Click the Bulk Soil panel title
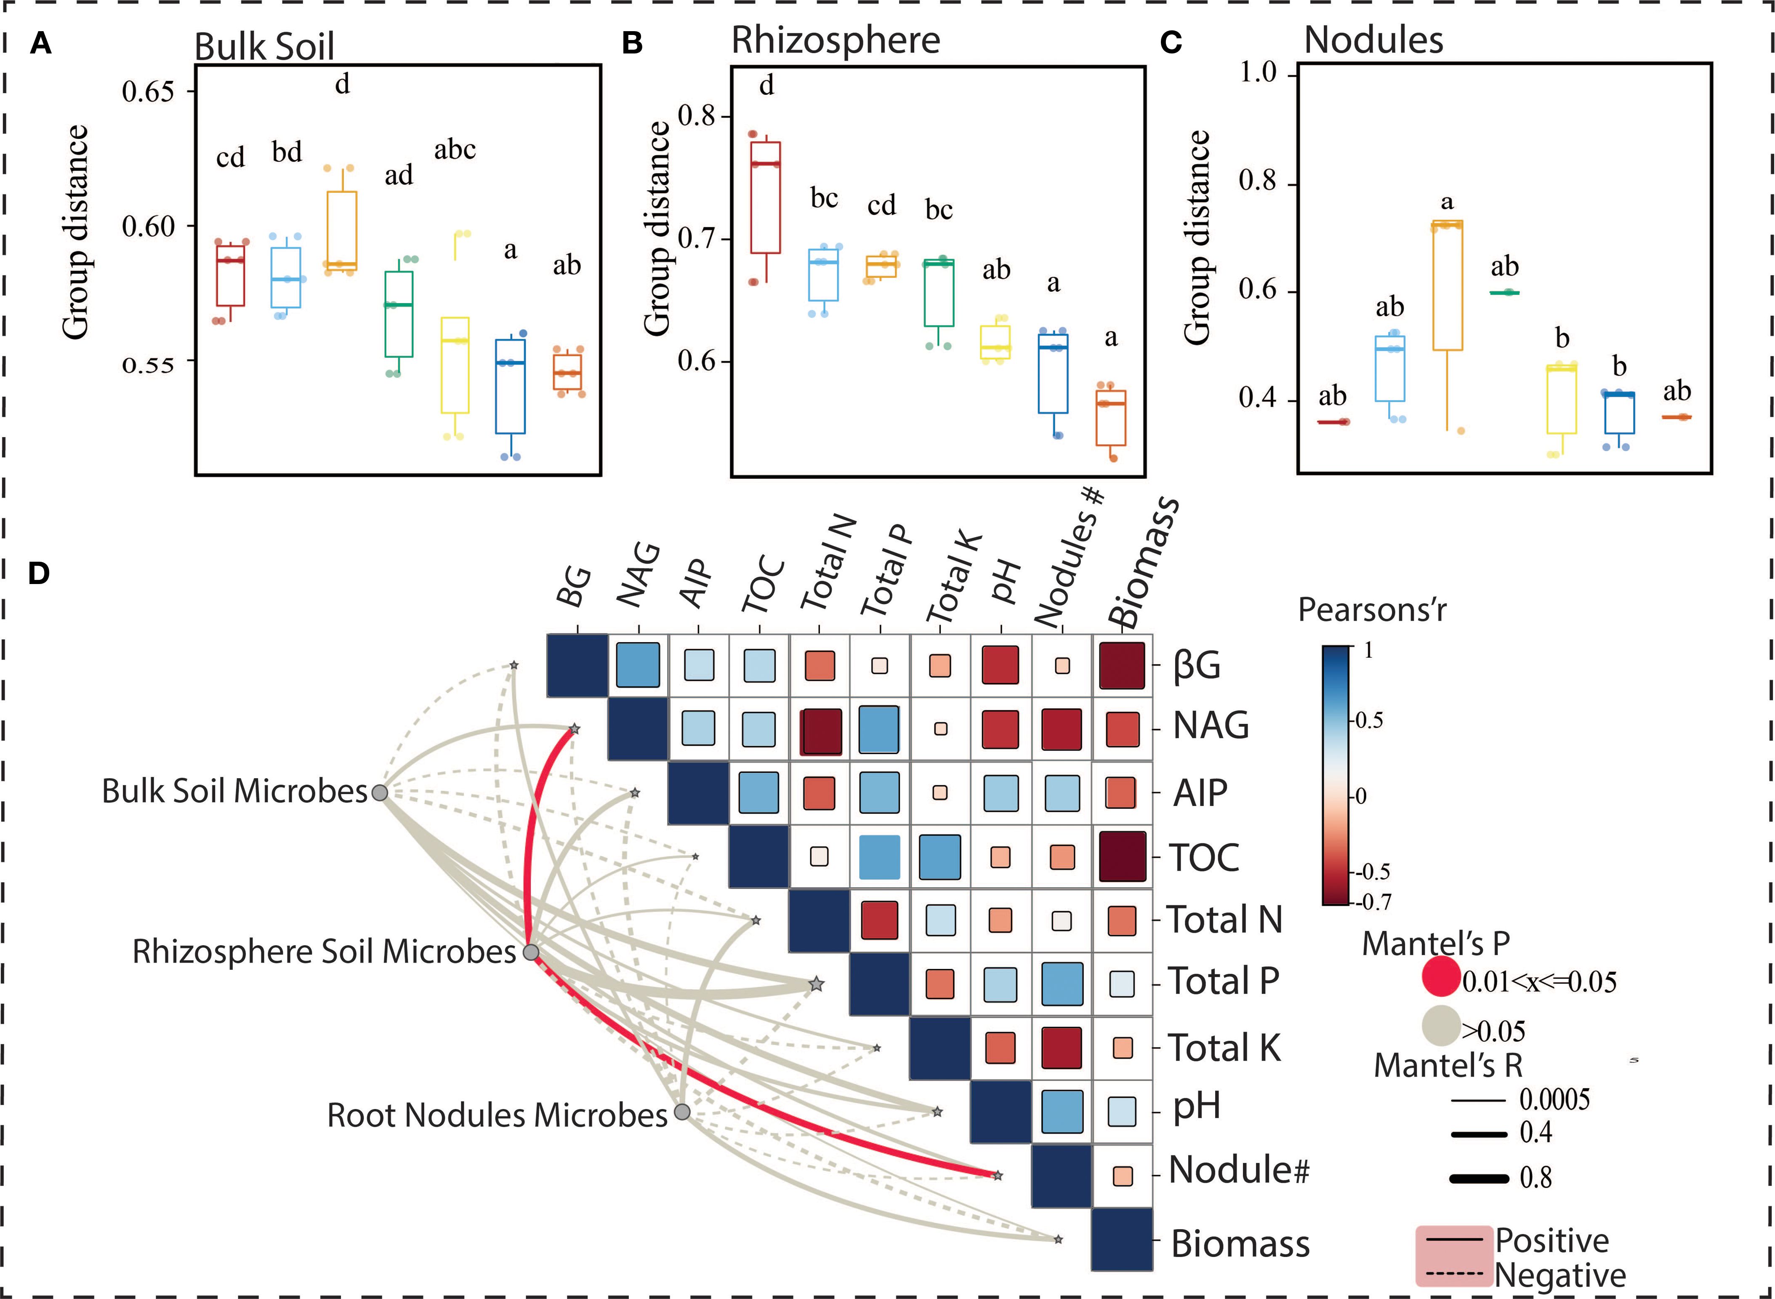click(264, 46)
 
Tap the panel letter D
click(39, 573)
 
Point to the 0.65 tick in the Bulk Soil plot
click(148, 92)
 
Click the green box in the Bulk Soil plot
click(399, 314)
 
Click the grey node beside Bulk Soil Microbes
click(380, 792)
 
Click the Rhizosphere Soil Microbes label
click(324, 952)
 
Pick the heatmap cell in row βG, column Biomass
click(1122, 665)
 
